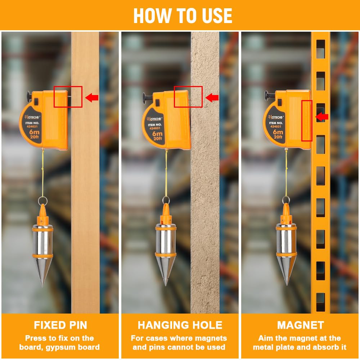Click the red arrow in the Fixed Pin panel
coord(92,98)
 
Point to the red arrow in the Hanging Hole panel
coord(212,98)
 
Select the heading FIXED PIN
coord(60,325)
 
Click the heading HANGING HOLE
coord(180,325)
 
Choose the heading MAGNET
coord(301,325)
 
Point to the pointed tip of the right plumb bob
coord(286,284)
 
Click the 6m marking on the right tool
coord(278,132)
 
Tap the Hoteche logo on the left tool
coord(32,117)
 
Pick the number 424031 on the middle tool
coord(155,129)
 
